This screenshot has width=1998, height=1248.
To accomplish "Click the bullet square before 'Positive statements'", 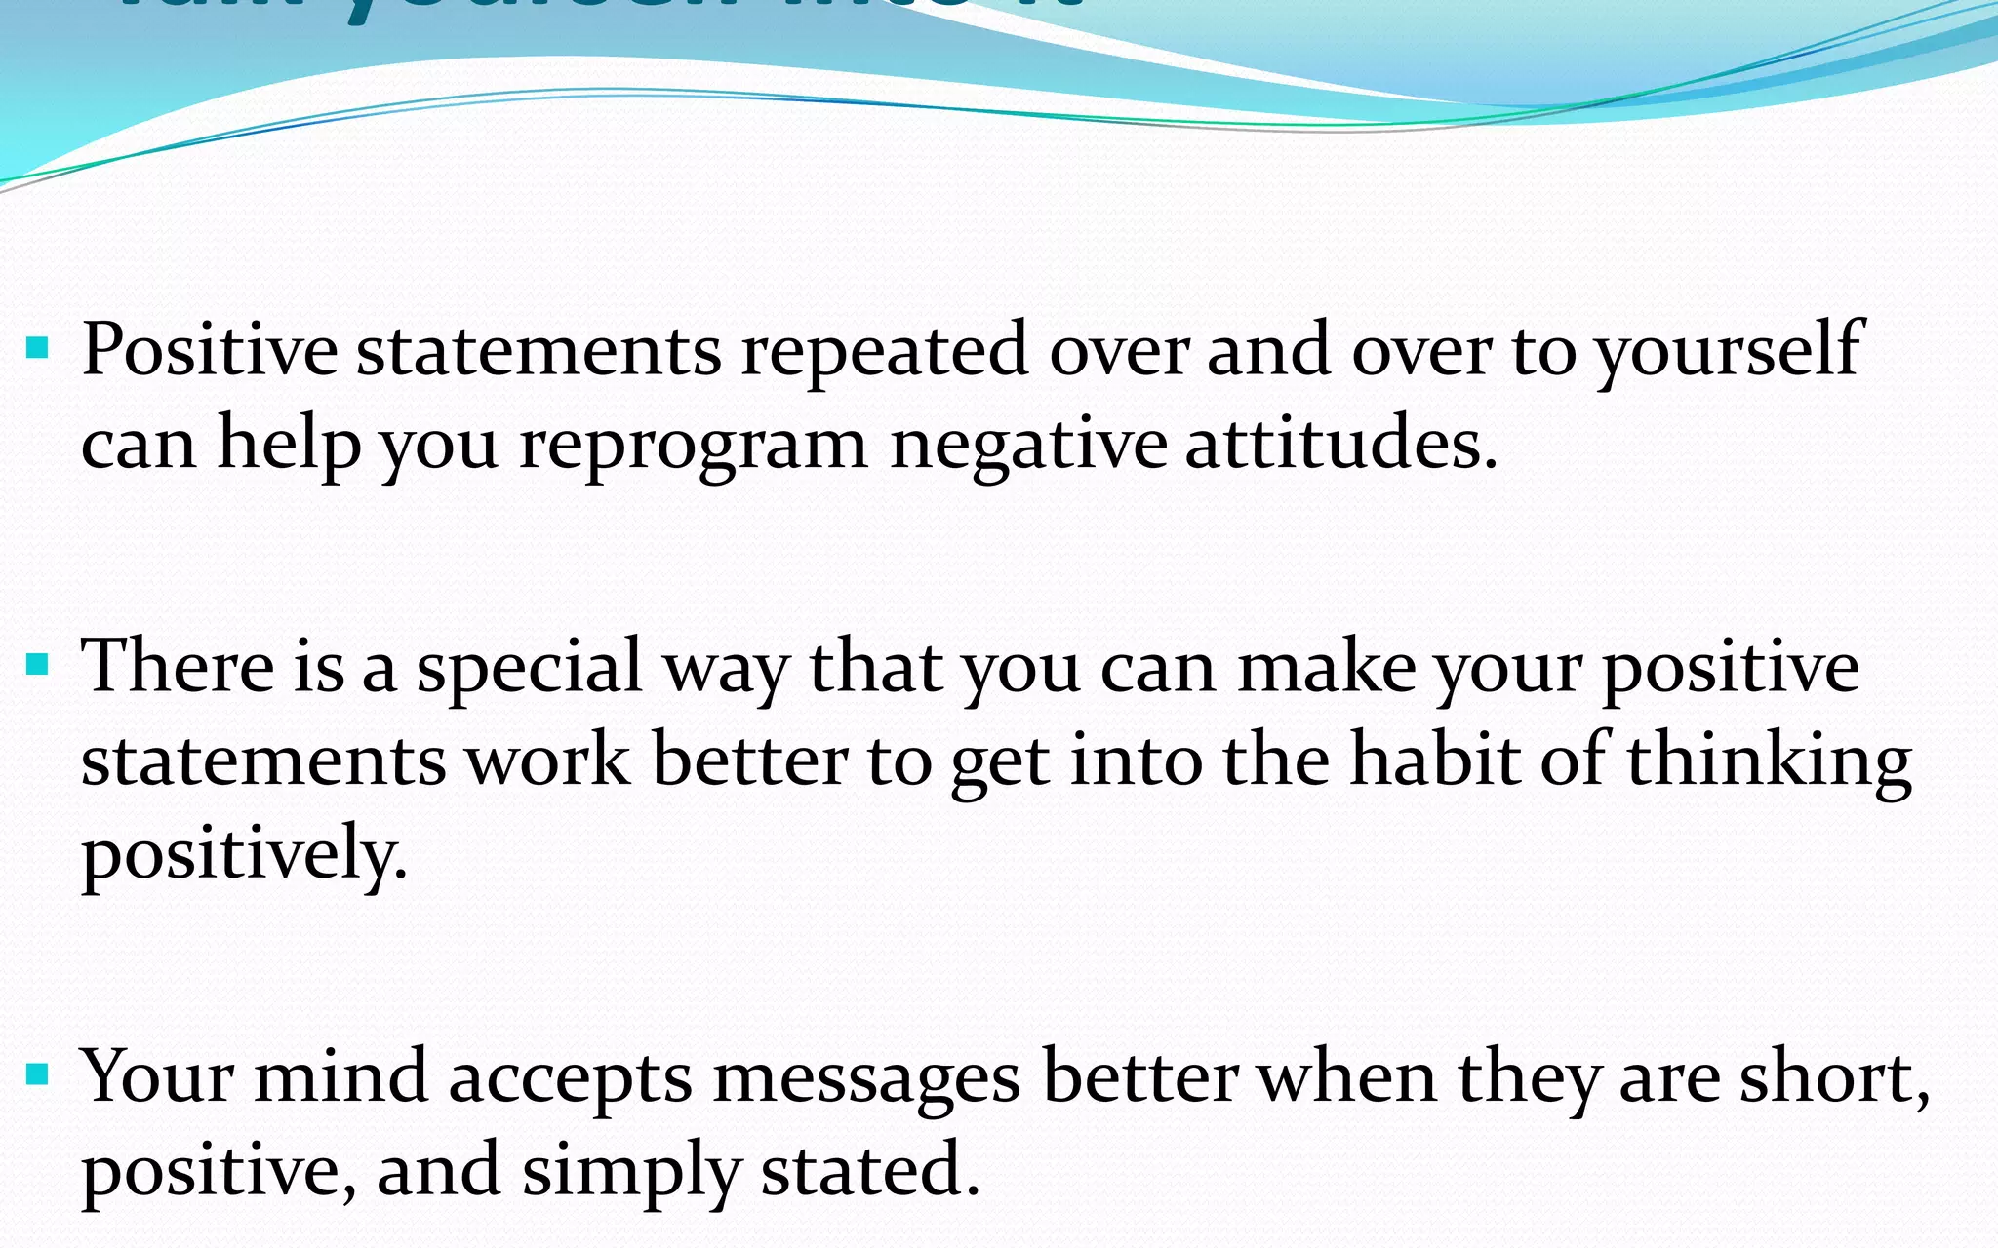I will [x=38, y=348].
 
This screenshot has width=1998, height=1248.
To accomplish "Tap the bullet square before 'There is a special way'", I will [x=38, y=666].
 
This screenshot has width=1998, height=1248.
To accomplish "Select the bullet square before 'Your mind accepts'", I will [x=38, y=1076].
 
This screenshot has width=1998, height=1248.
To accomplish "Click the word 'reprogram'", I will [x=694, y=446].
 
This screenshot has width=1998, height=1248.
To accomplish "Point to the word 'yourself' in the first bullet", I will [x=1728, y=351].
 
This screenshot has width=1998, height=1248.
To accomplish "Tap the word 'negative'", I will [x=1028, y=446].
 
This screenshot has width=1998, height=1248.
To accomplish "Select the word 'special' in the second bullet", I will [x=529, y=669].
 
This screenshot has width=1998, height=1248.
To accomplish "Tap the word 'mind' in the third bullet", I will [x=341, y=1076].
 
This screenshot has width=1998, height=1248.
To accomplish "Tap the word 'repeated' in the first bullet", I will [x=884, y=351].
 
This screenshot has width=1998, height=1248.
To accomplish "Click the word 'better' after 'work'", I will [x=749, y=760].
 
